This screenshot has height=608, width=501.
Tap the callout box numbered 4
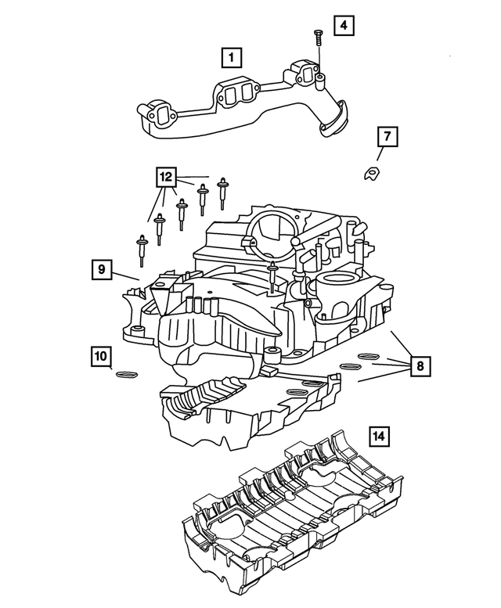click(x=343, y=25)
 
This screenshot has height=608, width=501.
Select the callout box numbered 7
click(x=387, y=138)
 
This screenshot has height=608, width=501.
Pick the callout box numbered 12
click(x=166, y=178)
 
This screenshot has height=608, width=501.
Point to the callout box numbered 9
click(x=102, y=270)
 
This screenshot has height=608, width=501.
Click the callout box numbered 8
click(x=420, y=365)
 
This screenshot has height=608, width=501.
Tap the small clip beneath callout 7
click(x=372, y=174)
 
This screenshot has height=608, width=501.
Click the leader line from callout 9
click(x=126, y=275)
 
